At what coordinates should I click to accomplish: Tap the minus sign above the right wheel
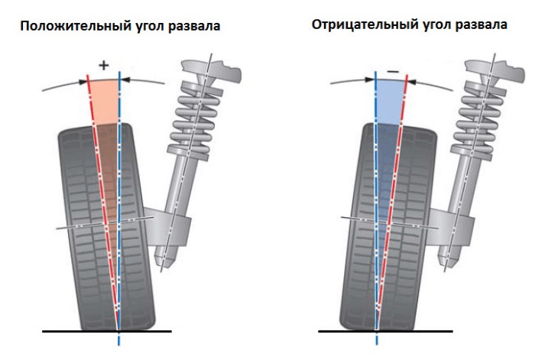(x=392, y=70)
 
